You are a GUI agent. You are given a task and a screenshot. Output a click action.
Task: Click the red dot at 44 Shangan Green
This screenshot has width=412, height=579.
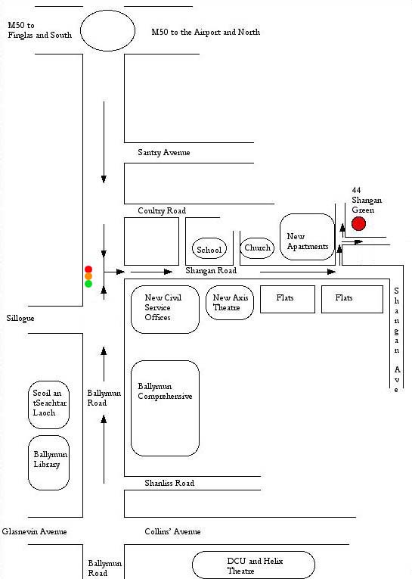click(x=358, y=223)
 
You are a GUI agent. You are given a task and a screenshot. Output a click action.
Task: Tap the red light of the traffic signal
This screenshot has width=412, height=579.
click(x=88, y=269)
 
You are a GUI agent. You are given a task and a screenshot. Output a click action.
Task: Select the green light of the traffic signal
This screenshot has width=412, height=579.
click(x=88, y=284)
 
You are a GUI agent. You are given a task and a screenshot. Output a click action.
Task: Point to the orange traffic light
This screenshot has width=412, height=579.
click(x=88, y=276)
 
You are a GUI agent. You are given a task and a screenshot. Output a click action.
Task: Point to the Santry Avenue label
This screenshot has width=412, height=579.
click(x=164, y=152)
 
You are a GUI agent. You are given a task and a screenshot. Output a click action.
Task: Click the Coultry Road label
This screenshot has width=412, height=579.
click(x=162, y=210)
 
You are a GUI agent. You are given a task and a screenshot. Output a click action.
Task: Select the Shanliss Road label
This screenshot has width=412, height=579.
click(x=169, y=483)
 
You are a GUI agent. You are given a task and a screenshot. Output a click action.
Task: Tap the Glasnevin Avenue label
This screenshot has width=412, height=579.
click(x=34, y=532)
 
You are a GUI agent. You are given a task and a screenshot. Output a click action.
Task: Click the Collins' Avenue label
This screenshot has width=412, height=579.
click(x=172, y=531)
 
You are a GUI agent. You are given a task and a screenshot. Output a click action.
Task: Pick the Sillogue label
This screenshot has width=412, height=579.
click(x=20, y=319)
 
